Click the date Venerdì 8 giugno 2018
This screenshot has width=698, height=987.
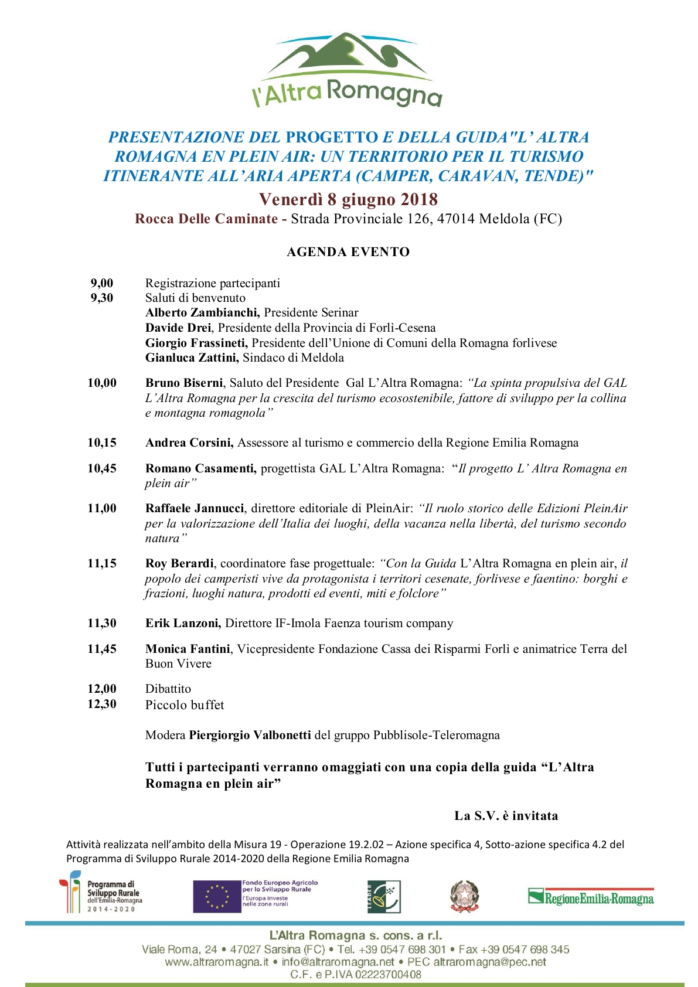[348, 199]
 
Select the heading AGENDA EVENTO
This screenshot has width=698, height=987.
[348, 252]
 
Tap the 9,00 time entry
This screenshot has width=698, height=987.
[102, 283]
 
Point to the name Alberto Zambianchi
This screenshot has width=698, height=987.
[202, 312]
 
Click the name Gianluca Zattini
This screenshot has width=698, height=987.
[192, 358]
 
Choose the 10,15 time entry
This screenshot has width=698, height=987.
[102, 443]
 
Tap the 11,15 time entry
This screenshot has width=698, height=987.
[102, 563]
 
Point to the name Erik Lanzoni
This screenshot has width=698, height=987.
[183, 623]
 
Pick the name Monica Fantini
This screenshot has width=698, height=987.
[188, 649]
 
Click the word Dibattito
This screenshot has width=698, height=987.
[168, 689]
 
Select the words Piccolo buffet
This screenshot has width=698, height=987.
[185, 704]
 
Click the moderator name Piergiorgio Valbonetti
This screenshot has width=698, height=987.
[250, 735]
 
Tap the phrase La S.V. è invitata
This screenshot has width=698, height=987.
[506, 816]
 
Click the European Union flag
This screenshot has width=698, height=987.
[217, 897]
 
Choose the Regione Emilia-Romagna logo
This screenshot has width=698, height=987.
[591, 897]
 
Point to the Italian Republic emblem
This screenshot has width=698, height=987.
[464, 897]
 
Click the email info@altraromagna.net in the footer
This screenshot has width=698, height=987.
[338, 962]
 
